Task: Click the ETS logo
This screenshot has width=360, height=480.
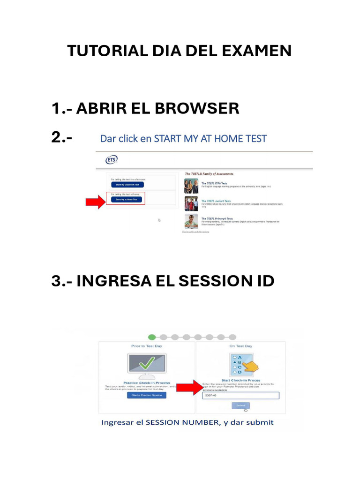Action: tap(112, 160)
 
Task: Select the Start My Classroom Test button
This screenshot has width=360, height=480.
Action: tap(124, 185)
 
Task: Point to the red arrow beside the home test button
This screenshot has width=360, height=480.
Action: tap(95, 202)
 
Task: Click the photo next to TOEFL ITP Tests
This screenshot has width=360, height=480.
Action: tap(191, 186)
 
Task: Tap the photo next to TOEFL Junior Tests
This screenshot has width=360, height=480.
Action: tap(191, 203)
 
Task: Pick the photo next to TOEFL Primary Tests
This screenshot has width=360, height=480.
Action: tap(191, 221)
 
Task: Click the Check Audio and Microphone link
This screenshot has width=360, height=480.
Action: tap(195, 232)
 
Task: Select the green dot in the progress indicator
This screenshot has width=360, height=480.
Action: tap(152, 337)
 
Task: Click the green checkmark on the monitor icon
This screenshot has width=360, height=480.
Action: tap(147, 364)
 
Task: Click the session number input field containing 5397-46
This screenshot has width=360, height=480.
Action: tap(240, 396)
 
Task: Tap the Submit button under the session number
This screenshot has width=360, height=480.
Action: tap(240, 405)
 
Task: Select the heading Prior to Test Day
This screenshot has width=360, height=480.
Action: tap(147, 346)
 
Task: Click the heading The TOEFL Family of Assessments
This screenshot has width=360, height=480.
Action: tap(209, 174)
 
